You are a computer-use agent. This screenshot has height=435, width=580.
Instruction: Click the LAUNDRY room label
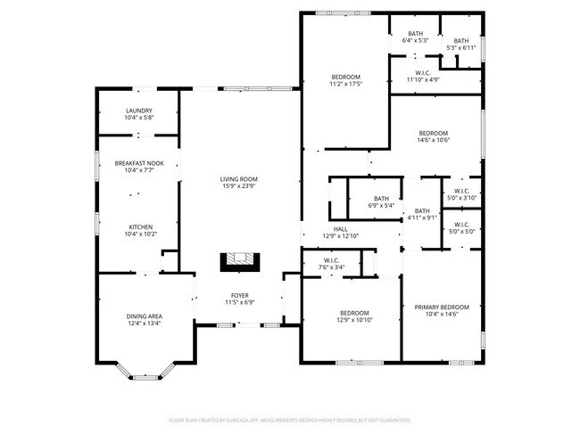[138, 111]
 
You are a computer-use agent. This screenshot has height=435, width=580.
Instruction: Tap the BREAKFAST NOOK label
[138, 163]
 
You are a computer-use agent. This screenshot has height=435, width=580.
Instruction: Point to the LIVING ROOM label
[238, 179]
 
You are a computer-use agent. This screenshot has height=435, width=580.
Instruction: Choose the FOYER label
[240, 294]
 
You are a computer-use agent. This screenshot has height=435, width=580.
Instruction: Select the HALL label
[340, 228]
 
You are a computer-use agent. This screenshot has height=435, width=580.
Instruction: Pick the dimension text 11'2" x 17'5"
[344, 85]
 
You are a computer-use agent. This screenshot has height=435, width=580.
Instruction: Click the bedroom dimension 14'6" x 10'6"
[433, 140]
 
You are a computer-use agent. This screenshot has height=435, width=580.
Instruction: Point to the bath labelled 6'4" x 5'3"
[416, 40]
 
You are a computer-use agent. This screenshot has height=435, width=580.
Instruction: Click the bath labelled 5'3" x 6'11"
[460, 45]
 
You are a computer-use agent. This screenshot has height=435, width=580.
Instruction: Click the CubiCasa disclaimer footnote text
[289, 419]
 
